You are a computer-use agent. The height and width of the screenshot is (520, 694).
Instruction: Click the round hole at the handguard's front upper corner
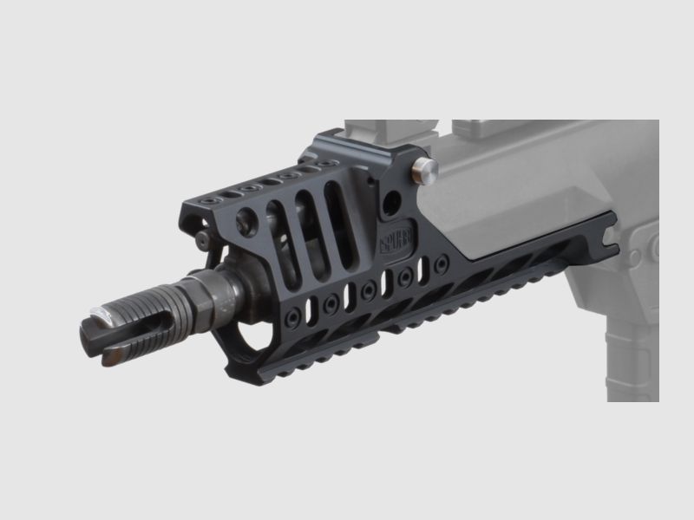pyautogui.click(x=247, y=219)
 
